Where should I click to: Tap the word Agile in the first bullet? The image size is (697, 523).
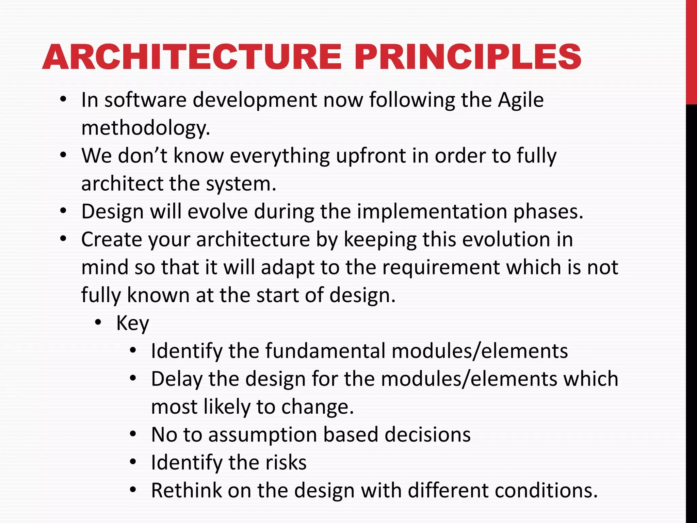[520, 101]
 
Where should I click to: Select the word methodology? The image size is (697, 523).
[146, 129]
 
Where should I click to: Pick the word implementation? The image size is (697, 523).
[432, 212]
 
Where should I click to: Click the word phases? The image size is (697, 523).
[548, 212]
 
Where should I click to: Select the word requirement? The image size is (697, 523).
[441, 267]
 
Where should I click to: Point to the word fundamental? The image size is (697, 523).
[325, 351]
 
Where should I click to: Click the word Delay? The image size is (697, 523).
[176, 379]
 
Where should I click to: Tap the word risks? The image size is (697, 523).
[286, 463]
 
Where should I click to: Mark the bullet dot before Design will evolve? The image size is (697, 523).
[63, 211]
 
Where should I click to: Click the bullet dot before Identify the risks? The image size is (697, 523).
[133, 462]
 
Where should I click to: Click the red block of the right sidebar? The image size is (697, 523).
[691, 51]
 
